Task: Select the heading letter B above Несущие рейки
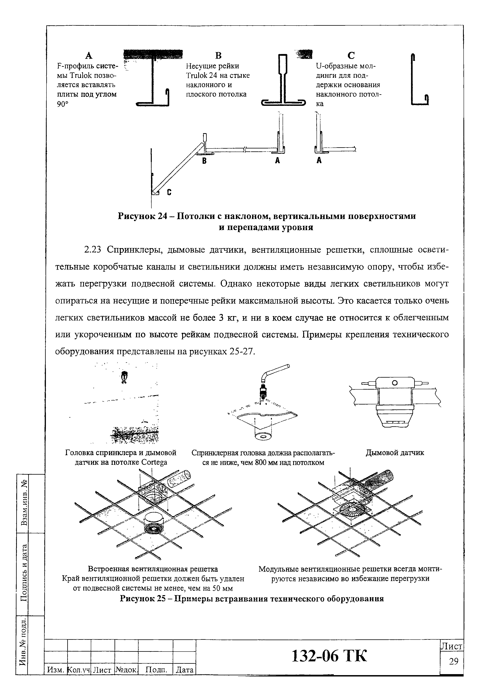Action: [218, 56]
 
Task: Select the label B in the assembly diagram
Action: [204, 161]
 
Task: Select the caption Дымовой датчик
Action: [395, 453]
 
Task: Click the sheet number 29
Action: [453, 662]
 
